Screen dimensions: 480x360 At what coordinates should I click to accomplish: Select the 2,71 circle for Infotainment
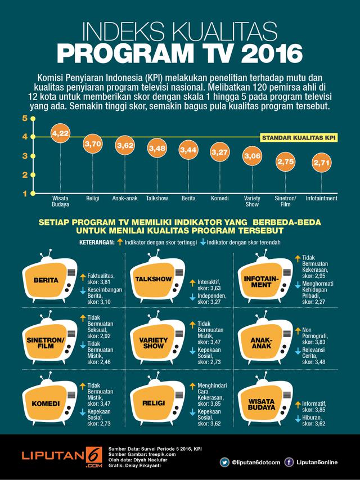coord(322,164)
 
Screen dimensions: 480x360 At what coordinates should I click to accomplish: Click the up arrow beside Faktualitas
coord(82,276)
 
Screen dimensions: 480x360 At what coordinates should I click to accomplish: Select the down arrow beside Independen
coord(192,297)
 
